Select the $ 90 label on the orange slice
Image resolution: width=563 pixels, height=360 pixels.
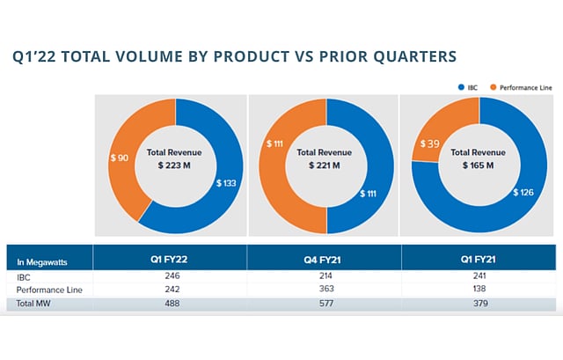[119, 158]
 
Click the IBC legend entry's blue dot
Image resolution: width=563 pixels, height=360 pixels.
[460, 87]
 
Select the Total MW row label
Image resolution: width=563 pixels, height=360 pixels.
[36, 304]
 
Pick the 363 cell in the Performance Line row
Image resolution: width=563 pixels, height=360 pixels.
[324, 290]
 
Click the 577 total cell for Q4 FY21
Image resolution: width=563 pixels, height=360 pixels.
[324, 304]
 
